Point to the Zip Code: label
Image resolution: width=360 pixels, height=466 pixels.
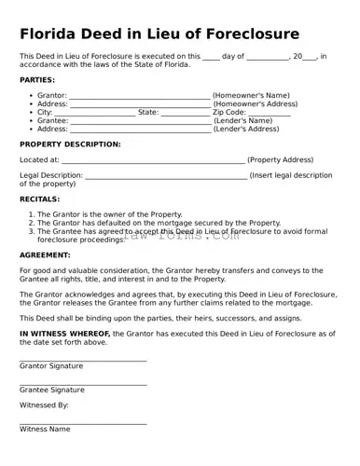pos(229,112)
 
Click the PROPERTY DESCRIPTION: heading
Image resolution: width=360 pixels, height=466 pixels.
pos(70,144)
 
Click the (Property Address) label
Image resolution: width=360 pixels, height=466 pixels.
pos(281,160)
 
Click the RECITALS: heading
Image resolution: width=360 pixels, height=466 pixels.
pos(40,199)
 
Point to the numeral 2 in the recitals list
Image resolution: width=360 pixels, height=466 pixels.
pos(32,224)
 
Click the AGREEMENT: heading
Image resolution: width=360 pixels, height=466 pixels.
pos(44,255)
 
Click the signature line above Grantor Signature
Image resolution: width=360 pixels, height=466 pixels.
pos(83,361)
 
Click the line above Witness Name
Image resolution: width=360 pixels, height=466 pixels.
pos(83,424)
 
